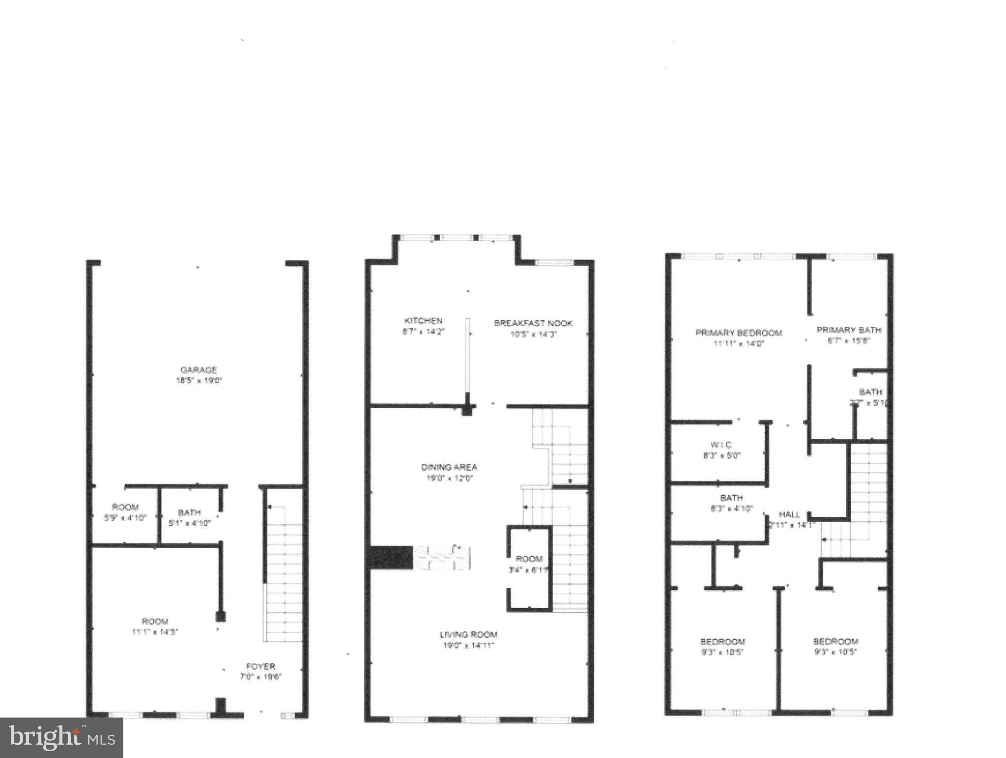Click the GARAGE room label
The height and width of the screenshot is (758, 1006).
point(198,370)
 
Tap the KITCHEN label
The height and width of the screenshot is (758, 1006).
point(423,321)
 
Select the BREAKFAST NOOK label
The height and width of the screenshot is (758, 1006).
point(533,323)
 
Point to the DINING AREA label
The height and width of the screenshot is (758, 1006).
point(449,467)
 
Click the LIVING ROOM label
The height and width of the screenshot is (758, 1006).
point(468,635)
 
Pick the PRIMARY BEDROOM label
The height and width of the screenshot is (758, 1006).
point(739,333)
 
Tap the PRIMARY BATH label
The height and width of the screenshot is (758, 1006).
point(849,330)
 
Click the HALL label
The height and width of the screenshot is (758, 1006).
point(789,514)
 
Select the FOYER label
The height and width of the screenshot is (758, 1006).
point(261,666)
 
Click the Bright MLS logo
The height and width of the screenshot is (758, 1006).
point(61,738)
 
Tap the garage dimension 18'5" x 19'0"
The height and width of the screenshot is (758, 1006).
point(199,380)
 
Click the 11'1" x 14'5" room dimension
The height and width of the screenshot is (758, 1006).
point(155,632)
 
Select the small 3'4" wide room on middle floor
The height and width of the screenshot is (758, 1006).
point(529,564)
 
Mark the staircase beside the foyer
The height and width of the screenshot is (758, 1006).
point(284,572)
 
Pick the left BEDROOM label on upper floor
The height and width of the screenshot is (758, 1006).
point(722,642)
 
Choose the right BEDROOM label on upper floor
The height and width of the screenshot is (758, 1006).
point(835,642)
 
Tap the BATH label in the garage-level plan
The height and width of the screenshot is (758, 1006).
point(189,513)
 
